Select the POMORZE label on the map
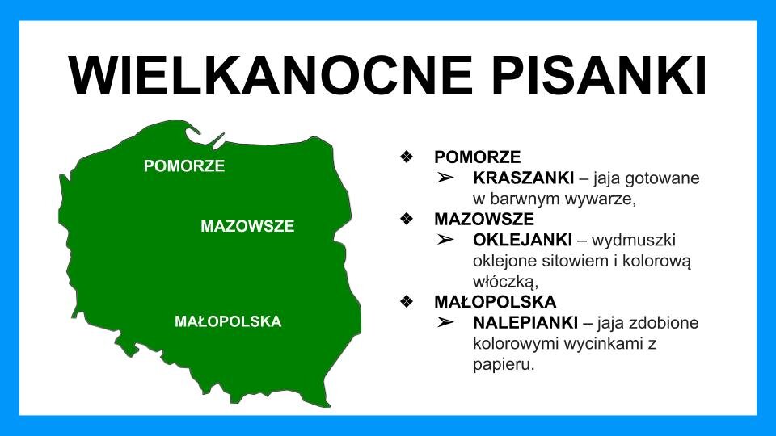click(x=184, y=166)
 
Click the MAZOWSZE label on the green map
click(x=247, y=226)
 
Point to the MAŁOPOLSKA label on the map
click(x=228, y=321)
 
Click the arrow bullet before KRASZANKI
click(x=446, y=178)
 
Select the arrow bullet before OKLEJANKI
click(x=446, y=241)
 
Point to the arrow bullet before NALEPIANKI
click(x=446, y=323)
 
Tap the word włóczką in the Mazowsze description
click(x=505, y=281)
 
